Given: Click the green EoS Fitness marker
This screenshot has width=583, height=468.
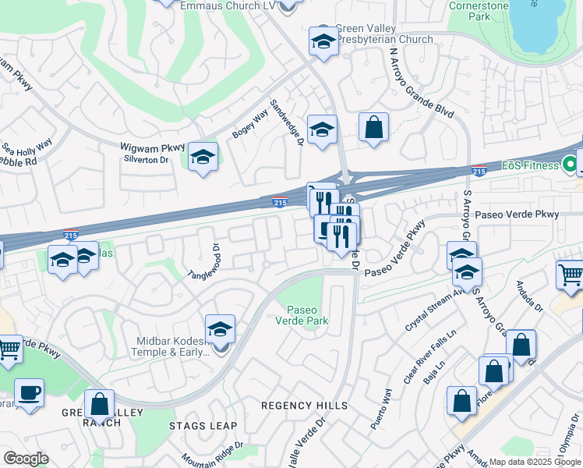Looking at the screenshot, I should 570,165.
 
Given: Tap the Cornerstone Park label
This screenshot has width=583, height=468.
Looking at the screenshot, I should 479,10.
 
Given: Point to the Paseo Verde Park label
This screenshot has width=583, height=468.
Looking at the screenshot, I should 306,315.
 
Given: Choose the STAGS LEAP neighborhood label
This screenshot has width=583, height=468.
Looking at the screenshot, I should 197,425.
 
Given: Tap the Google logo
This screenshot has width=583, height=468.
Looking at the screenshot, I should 26,458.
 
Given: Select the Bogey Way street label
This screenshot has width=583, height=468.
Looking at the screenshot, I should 250,124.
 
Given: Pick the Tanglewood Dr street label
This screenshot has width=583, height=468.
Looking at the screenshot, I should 200,264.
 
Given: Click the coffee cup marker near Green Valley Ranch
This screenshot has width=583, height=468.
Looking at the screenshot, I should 29,392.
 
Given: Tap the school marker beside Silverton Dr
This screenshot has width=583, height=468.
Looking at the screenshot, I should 203,158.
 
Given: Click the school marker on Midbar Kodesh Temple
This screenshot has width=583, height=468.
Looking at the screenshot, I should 221,328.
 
